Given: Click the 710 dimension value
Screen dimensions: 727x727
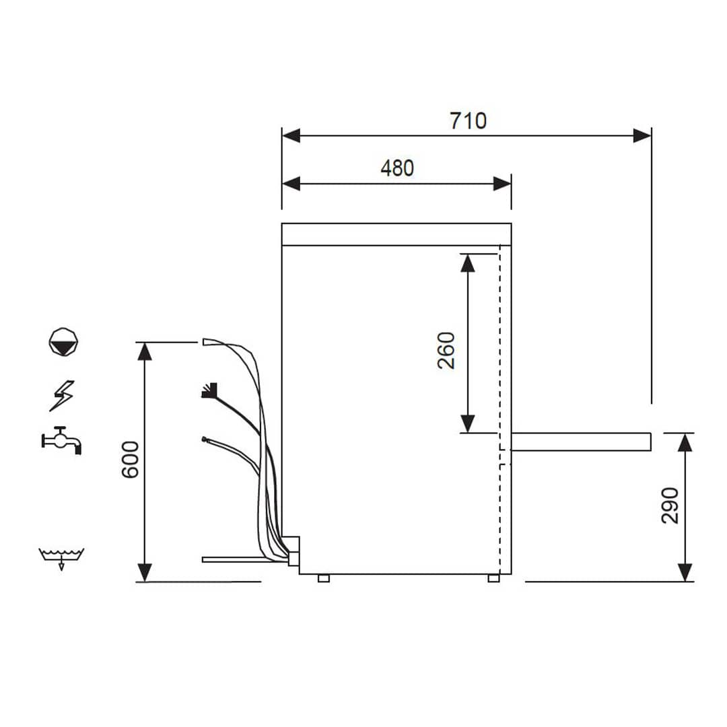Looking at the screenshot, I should (467, 120).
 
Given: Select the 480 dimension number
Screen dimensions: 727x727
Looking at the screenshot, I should (397, 168).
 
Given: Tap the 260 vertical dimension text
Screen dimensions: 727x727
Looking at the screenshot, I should (446, 350).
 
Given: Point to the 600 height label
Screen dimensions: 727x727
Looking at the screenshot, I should (129, 459).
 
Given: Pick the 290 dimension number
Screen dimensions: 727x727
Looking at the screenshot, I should (670, 505).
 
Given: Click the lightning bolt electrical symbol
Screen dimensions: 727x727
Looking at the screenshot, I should (63, 395).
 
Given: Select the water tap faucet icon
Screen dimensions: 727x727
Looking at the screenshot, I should (61, 440).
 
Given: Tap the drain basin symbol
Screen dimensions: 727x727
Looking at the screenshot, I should (61, 557).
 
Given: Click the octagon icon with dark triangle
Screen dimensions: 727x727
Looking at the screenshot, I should (63, 341).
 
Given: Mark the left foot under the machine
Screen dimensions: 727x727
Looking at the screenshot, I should (324, 578).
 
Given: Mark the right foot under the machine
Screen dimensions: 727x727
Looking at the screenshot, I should (493, 578).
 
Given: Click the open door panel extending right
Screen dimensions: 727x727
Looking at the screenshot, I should (581, 442).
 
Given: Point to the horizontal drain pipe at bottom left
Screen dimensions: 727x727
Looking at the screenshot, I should (236, 559).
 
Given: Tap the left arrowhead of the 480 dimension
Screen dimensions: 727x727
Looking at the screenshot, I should (291, 184).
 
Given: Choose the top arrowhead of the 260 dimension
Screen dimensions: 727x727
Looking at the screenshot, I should (468, 262).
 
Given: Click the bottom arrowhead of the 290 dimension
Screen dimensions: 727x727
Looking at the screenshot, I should (685, 572).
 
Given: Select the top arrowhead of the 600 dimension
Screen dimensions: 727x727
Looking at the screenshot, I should (145, 351).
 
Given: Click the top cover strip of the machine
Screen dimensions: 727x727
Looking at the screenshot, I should (396, 234).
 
